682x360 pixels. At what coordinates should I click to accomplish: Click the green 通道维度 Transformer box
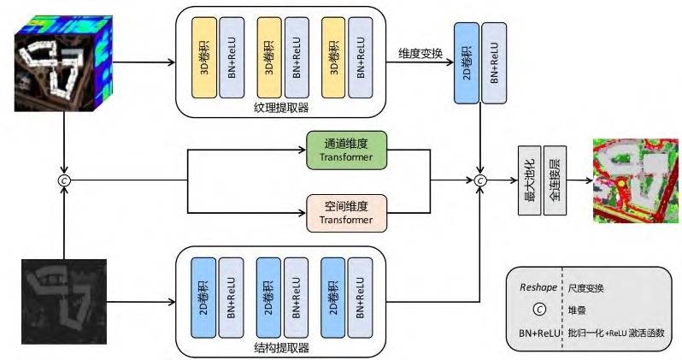[x=347, y=150]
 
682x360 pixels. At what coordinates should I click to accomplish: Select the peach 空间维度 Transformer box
[x=347, y=213]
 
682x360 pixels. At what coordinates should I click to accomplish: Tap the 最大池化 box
[x=529, y=180]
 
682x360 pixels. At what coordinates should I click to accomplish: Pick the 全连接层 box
[x=555, y=180]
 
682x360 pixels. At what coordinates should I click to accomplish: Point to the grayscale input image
[x=63, y=298]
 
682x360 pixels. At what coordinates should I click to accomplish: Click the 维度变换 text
[x=420, y=54]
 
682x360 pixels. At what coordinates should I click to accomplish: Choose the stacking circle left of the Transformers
[x=63, y=180]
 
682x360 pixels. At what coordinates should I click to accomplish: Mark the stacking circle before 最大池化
[x=480, y=180]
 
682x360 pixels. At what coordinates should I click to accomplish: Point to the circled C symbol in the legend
[x=539, y=310]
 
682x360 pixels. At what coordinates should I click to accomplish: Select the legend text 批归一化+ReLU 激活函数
[x=615, y=332]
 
